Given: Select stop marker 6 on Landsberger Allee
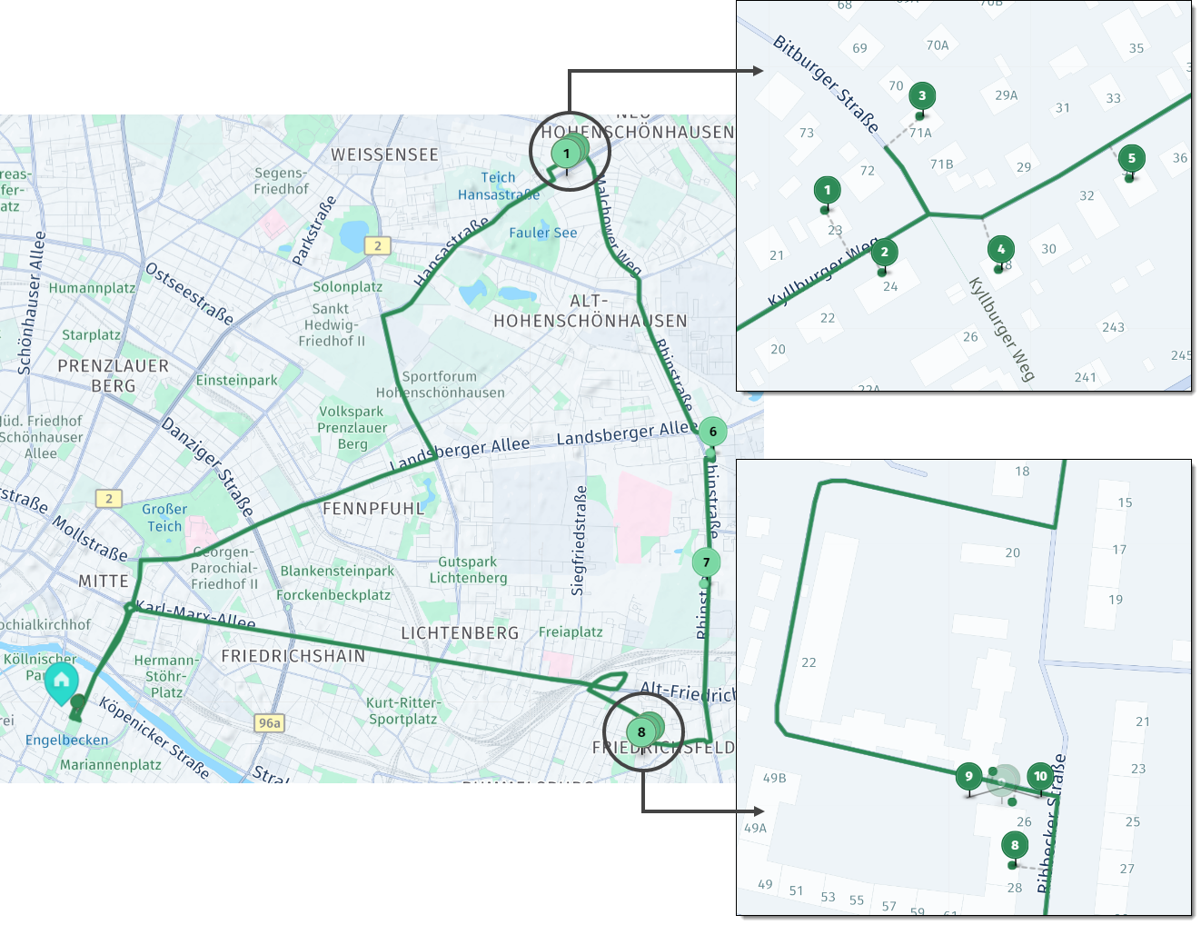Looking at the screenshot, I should pos(712,432).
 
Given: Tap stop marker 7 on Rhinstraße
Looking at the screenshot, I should pos(706,562).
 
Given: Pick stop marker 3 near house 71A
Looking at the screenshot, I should pos(921,95).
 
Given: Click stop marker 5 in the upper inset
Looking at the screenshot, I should pos(1131,158).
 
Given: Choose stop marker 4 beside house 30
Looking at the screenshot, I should pos(1000,249).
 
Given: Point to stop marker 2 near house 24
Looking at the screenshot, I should pos(884,253).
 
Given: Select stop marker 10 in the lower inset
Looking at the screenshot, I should pos(1040,776).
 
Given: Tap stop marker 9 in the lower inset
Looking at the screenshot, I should pos(968,776).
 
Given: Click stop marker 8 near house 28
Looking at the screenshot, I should pos(1015,845).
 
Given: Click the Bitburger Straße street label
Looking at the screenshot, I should pos(825,84).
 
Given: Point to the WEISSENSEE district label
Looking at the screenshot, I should pos(384,154).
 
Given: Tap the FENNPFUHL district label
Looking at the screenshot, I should pos(373,509).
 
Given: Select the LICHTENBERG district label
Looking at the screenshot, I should pos(460,632).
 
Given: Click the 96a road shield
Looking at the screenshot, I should pos(270,723).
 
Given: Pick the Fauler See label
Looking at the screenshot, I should pos(542,233).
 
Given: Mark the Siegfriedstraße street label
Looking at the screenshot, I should pos(579,541).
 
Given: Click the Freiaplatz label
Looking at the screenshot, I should pos(571,632).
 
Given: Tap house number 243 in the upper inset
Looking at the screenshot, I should pos(1113,327).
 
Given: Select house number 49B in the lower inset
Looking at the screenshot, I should pos(774,778).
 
